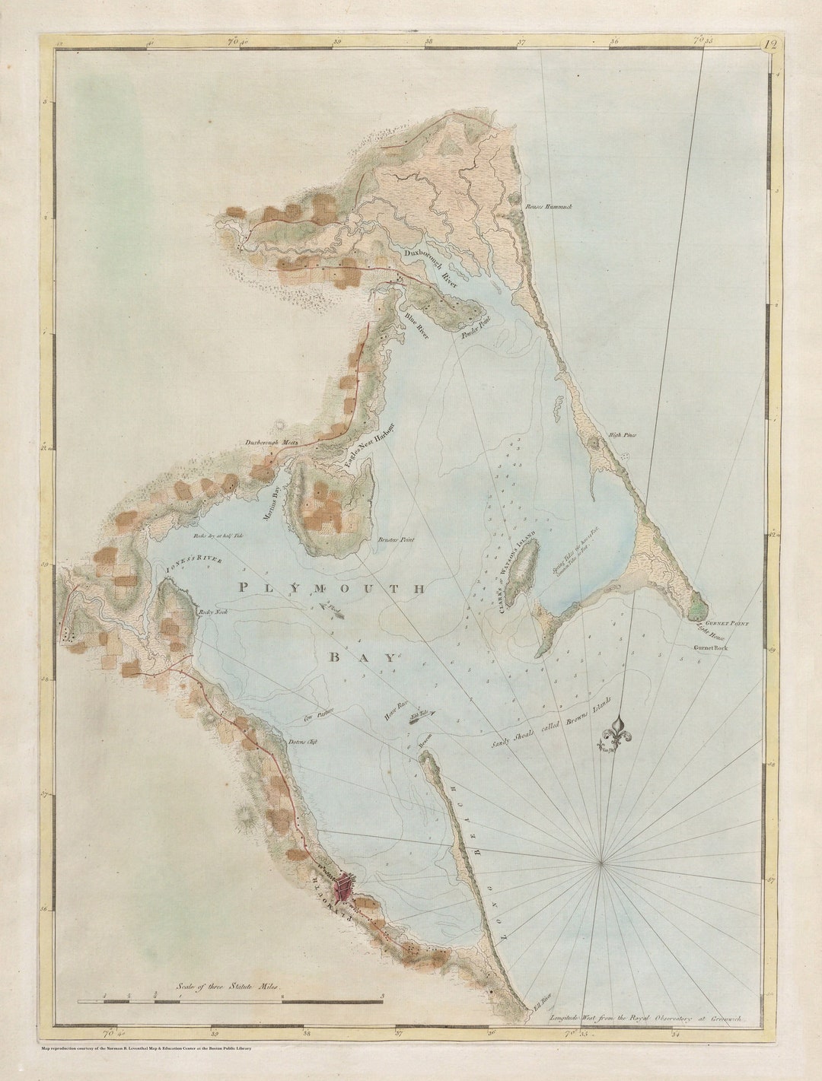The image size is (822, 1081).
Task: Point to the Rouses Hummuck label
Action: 549,206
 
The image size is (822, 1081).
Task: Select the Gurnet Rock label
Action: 711,647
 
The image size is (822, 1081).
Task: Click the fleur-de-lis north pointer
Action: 620,734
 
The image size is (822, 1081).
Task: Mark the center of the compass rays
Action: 601,861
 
